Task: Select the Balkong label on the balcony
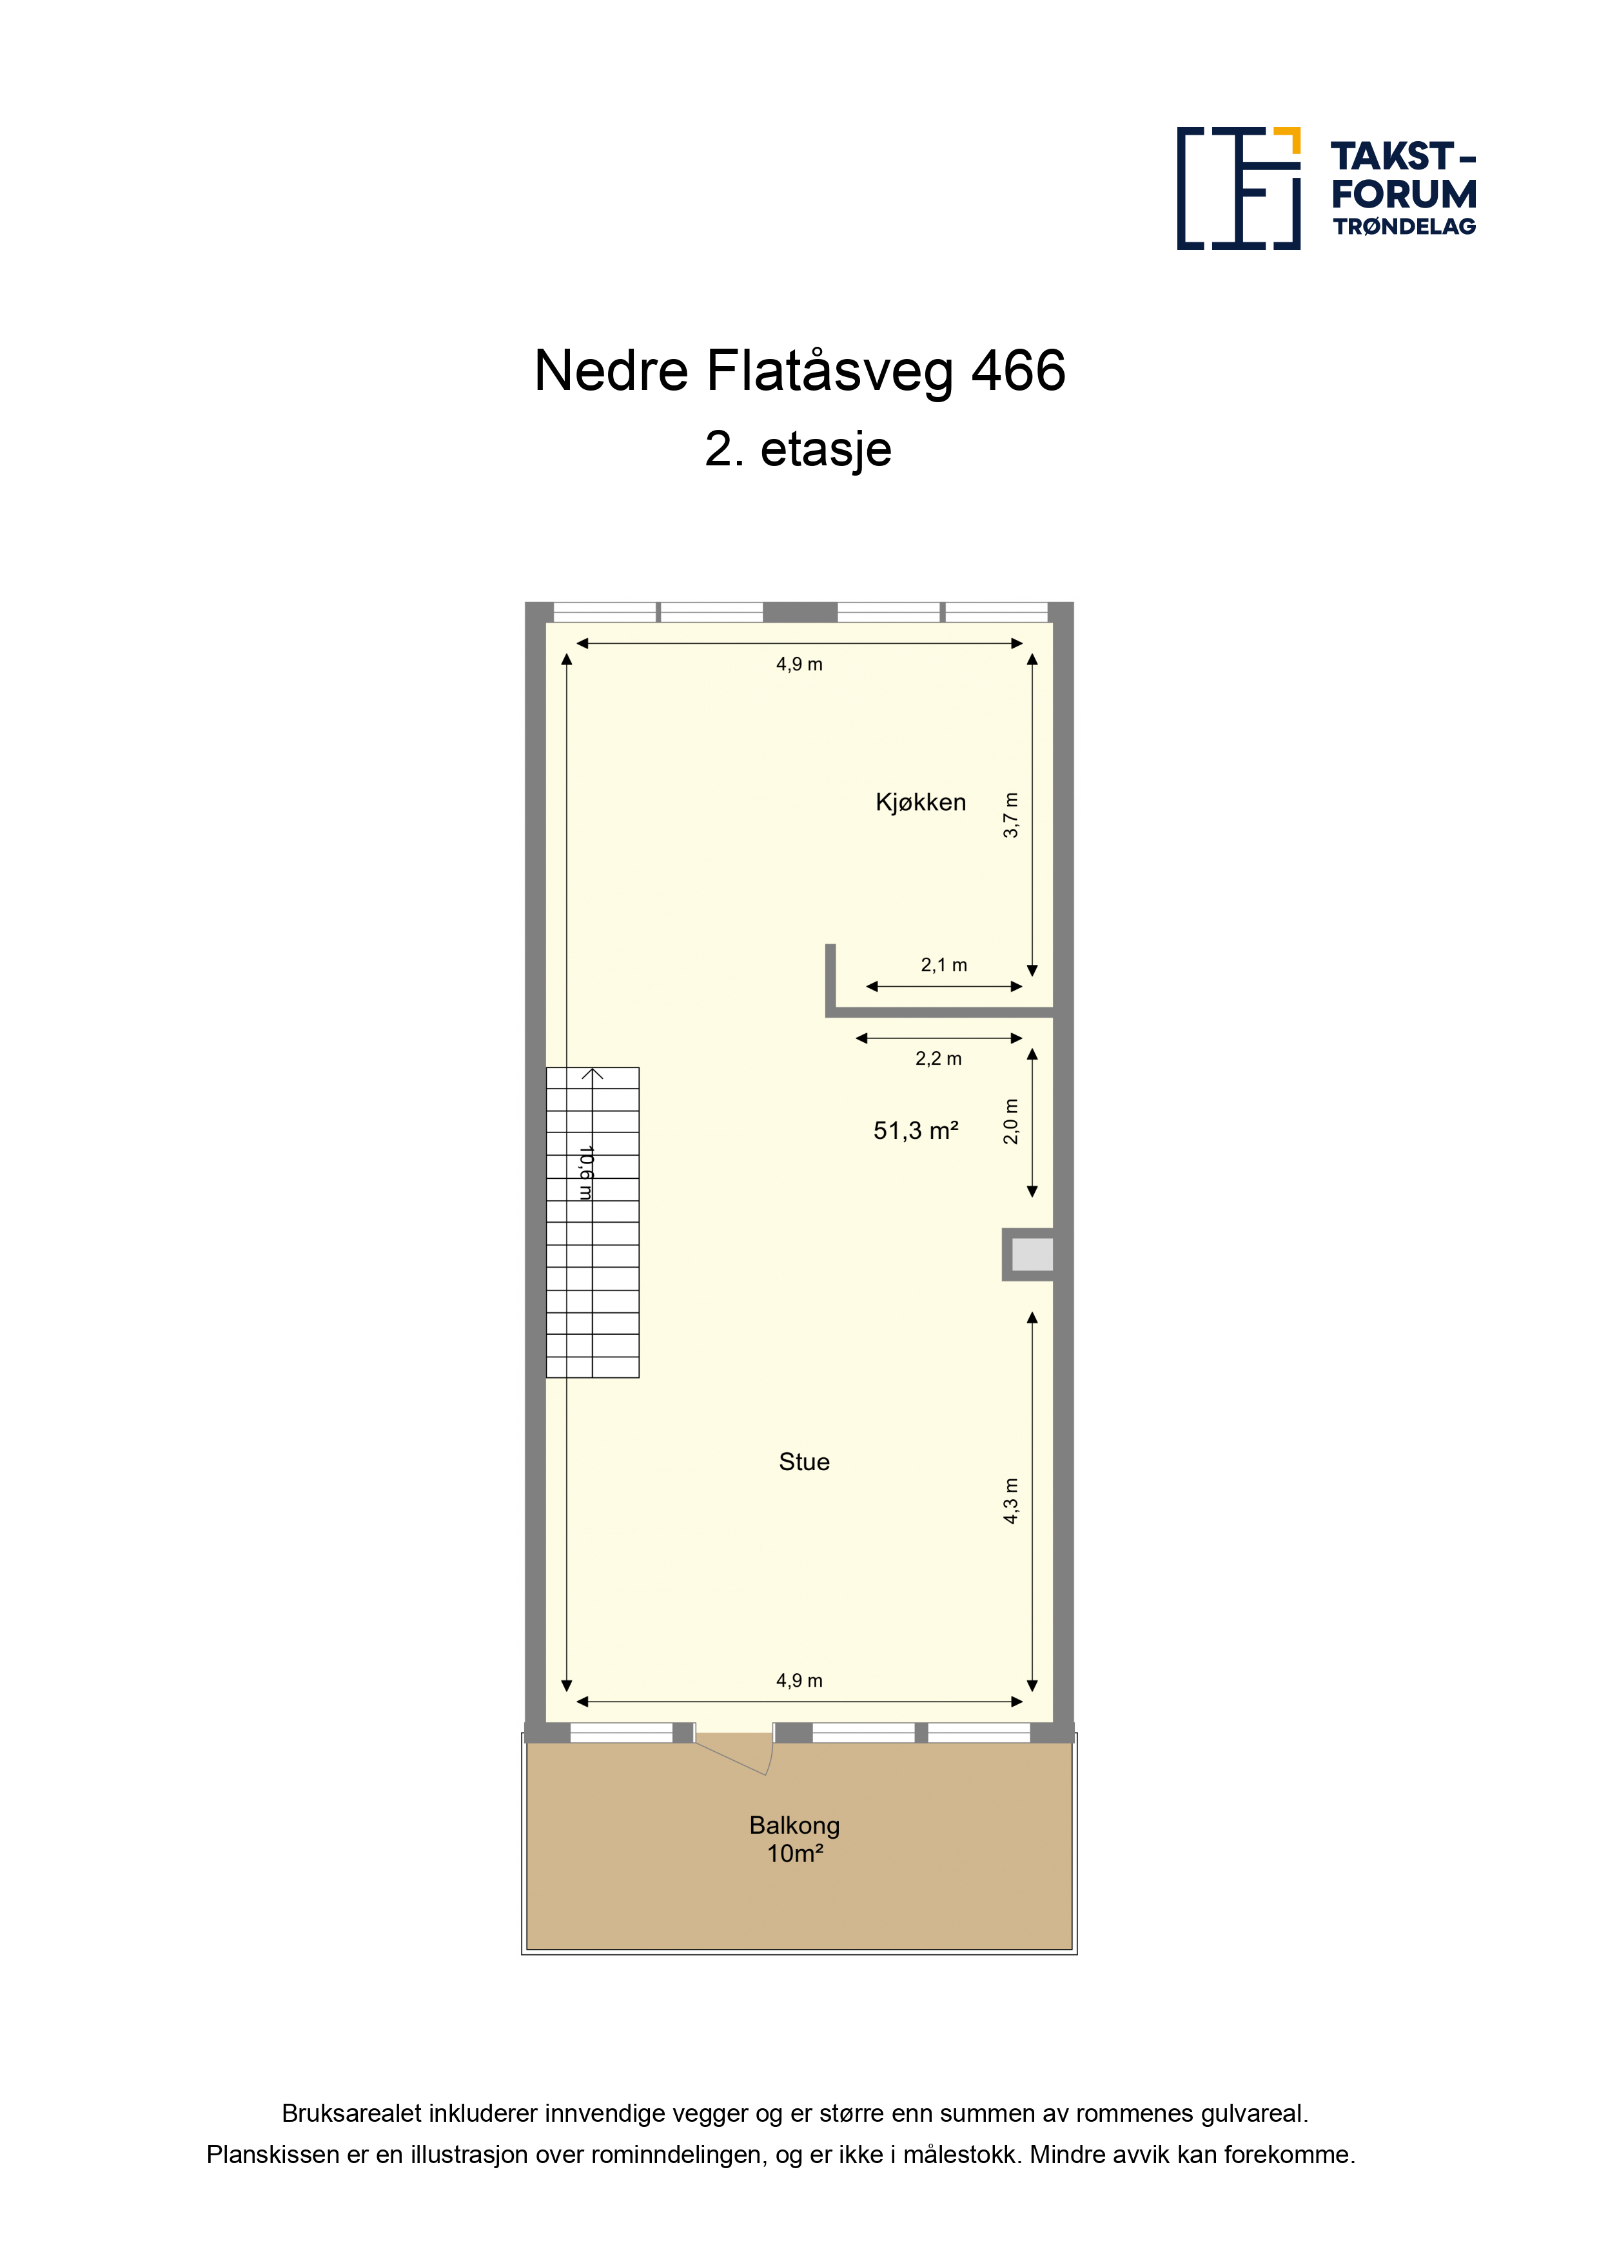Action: click(x=794, y=1826)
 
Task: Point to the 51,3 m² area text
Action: click(x=916, y=1130)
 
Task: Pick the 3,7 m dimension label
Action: click(x=1011, y=815)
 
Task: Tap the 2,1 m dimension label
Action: click(x=944, y=965)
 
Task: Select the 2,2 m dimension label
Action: click(x=938, y=1058)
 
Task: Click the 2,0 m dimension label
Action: click(x=1011, y=1121)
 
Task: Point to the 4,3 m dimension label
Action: click(x=1011, y=1500)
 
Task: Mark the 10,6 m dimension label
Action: click(x=585, y=1172)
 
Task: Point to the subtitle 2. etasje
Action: click(x=798, y=450)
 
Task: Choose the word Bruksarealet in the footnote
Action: click(x=352, y=2113)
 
